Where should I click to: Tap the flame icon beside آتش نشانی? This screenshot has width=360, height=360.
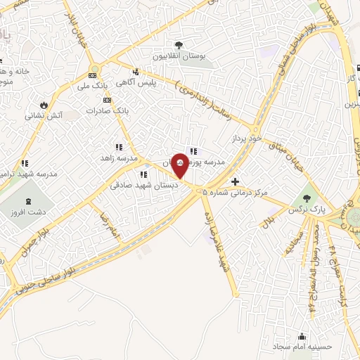click(44, 104)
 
